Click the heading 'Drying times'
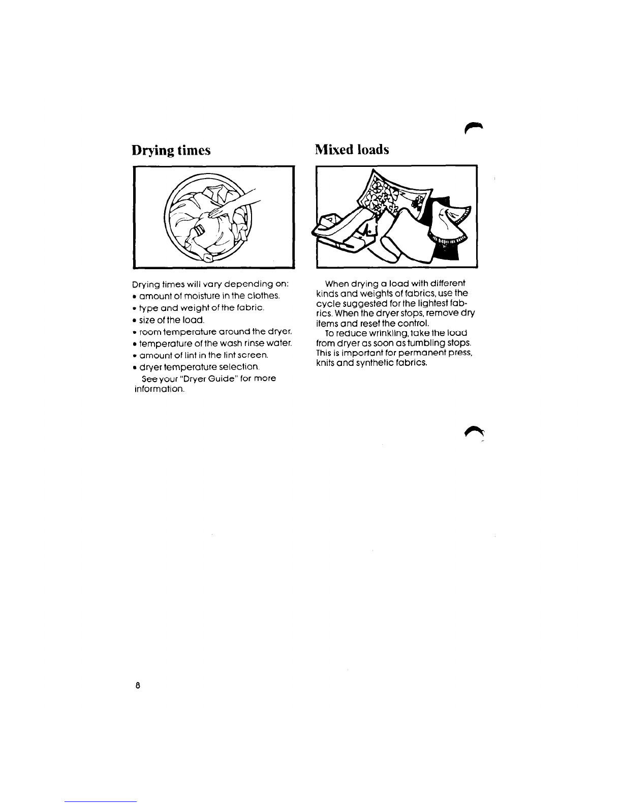(171, 150)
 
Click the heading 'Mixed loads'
(352, 150)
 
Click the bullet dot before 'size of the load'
(134, 320)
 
